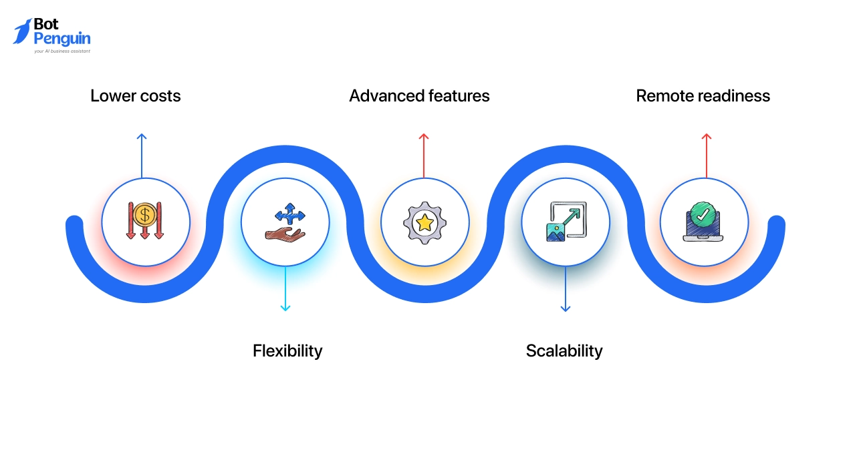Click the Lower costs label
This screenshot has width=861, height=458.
[x=136, y=96]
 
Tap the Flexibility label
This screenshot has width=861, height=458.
[x=287, y=351]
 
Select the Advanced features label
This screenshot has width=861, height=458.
[x=419, y=96]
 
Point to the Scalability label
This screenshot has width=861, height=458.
[x=564, y=351]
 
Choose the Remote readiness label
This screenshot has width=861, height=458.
[x=703, y=96]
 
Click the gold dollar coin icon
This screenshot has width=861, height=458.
[x=145, y=215]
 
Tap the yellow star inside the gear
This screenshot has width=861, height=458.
[x=424, y=223]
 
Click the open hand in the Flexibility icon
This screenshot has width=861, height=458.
[x=284, y=234]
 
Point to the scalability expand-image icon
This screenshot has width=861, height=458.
[x=566, y=222]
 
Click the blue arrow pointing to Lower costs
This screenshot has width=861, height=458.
[x=142, y=155]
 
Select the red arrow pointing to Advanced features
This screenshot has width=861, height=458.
[x=424, y=155]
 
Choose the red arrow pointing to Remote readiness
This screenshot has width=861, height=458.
[x=707, y=155]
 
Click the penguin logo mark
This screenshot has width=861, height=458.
[x=22, y=31]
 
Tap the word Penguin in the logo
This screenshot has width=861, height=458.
[x=61, y=39]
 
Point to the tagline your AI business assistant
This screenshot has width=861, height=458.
[x=62, y=51]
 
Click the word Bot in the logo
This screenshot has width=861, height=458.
[x=46, y=25]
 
